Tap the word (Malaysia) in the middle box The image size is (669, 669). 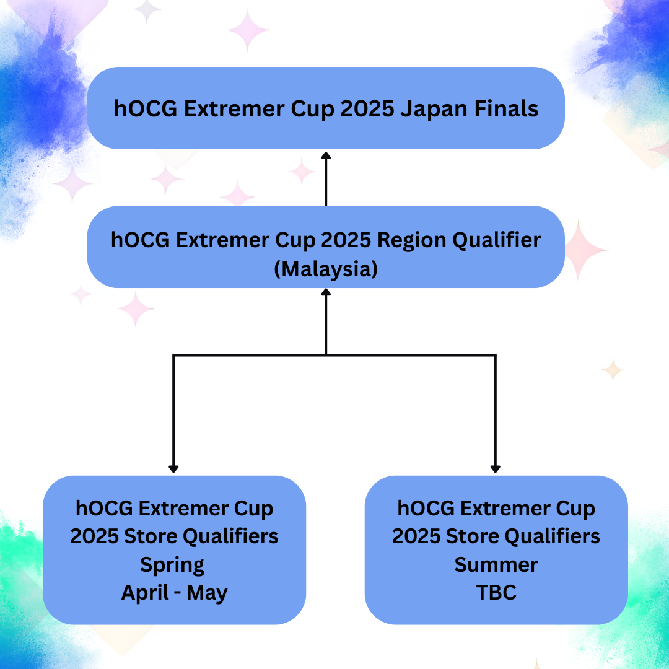(x=326, y=269)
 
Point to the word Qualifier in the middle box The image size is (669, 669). (x=497, y=240)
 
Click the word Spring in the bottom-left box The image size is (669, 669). (x=172, y=566)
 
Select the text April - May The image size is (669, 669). (x=174, y=593)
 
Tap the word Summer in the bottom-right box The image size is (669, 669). (x=496, y=565)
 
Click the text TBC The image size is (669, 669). (x=496, y=593)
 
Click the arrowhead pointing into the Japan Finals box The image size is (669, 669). (x=326, y=155)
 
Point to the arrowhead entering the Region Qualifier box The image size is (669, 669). (x=326, y=292)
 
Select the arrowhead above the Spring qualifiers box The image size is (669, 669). (x=173, y=469)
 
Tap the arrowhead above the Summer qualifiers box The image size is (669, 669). (x=496, y=469)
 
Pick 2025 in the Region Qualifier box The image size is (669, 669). (x=346, y=240)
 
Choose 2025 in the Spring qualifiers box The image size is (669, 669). (x=94, y=536)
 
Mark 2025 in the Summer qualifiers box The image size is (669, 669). (x=416, y=536)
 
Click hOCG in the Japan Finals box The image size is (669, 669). (x=146, y=109)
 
